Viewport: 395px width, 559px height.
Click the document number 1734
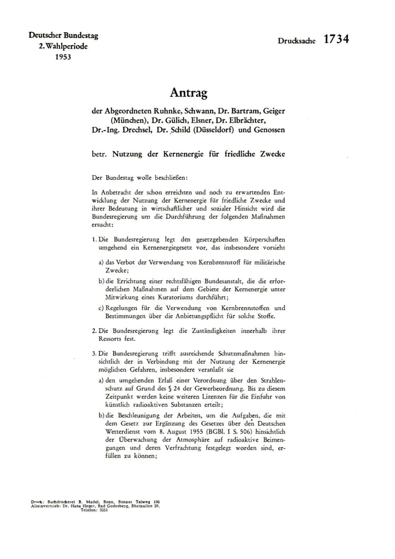[336, 40]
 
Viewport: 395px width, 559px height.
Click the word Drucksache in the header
[297, 41]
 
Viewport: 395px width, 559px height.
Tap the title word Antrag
[189, 93]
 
